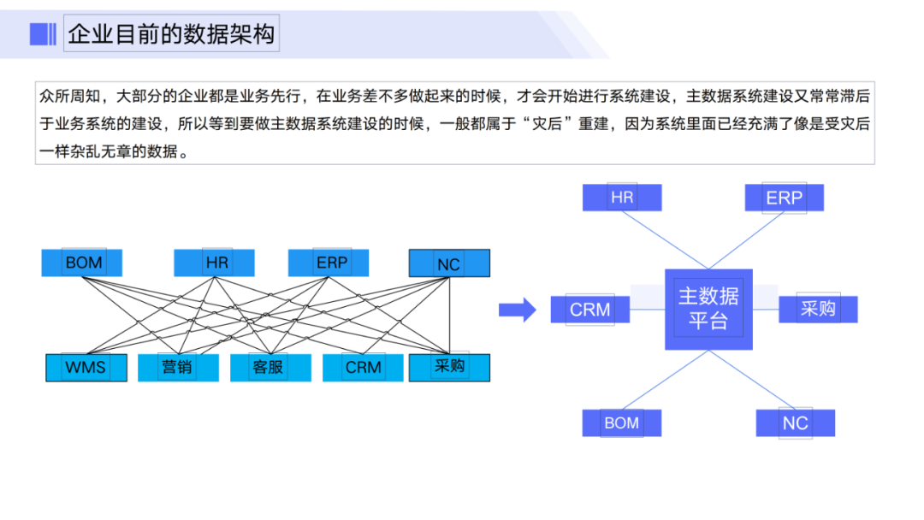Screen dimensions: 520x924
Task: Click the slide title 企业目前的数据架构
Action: [x=171, y=34]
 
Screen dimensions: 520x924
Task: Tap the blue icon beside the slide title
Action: [x=43, y=34]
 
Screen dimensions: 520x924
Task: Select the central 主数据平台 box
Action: [x=708, y=309]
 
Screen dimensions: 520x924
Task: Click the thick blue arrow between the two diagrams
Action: [x=517, y=309]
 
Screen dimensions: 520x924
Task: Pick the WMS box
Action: [x=86, y=368]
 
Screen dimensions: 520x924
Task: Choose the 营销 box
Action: [x=178, y=368]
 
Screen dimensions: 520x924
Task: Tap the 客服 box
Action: [x=269, y=368]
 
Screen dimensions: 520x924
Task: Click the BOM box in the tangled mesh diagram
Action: [x=82, y=263]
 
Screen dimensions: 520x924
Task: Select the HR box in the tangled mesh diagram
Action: [x=214, y=263]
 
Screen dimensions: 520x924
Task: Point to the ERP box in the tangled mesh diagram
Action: [x=329, y=263]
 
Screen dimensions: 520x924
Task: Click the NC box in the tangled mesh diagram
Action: [x=449, y=263]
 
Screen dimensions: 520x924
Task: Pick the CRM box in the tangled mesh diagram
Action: [x=363, y=368]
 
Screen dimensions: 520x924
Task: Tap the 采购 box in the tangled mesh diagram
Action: [x=449, y=367]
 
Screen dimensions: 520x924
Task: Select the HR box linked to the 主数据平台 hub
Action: [x=622, y=198]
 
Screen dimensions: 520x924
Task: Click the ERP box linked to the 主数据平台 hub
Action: [x=784, y=198]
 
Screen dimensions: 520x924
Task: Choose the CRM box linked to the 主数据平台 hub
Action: [x=589, y=309]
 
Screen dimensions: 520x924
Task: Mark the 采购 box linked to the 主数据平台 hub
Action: [x=818, y=309]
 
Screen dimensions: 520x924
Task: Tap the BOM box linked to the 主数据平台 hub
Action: [x=622, y=422]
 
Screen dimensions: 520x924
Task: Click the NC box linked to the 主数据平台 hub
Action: [x=795, y=422]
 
